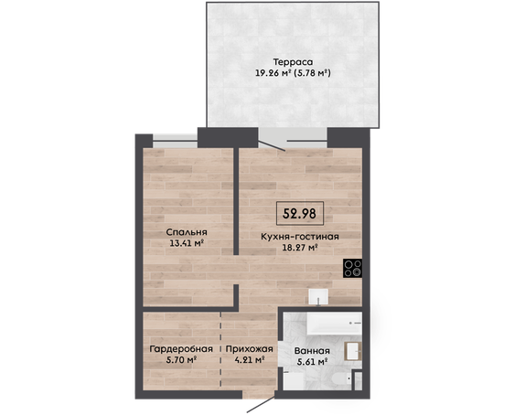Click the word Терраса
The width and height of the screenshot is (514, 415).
(x=293, y=62)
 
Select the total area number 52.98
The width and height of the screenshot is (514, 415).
(x=300, y=214)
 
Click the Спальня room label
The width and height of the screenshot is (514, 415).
(x=187, y=232)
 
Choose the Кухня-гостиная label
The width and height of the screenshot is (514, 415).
(x=300, y=237)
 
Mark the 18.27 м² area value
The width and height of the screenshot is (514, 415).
(x=300, y=248)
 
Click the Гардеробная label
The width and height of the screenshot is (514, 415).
(x=181, y=349)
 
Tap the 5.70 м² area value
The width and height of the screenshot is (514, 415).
(x=181, y=360)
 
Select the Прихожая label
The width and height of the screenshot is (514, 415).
(x=249, y=349)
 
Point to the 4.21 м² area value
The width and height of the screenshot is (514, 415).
(x=250, y=360)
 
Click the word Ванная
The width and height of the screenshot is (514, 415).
(x=312, y=351)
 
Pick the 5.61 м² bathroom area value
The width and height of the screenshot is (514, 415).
(x=313, y=362)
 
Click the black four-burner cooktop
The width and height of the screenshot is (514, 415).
(x=353, y=268)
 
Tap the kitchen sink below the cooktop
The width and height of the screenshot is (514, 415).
(x=318, y=297)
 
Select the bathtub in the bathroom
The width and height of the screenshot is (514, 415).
(x=335, y=324)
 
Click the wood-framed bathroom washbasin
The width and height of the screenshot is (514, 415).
(x=353, y=351)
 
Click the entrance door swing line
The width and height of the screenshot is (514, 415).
(x=261, y=405)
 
